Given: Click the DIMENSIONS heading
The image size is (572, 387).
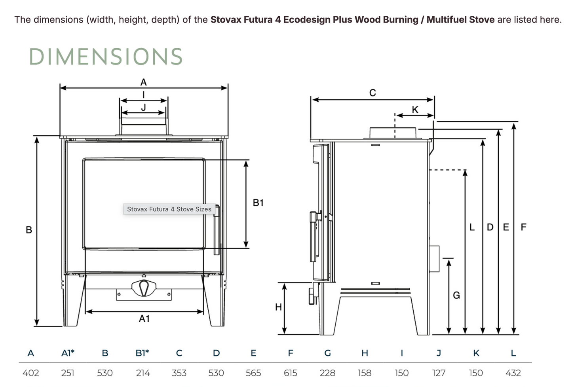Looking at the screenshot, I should point(106,57).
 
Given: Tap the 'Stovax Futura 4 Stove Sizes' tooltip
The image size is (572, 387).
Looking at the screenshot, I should point(169,209).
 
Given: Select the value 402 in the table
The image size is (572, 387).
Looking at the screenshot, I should point(30,373).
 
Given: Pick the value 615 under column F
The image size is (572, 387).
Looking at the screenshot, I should point(290,373).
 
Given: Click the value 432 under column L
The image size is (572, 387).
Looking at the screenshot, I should point(513,373).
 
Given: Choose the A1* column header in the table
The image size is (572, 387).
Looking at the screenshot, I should point(68,353).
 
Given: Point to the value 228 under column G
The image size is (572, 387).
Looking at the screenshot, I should point(327,373).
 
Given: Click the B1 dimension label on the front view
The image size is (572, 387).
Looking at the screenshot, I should point(258,203).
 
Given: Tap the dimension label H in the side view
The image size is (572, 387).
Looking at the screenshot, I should point(278,307).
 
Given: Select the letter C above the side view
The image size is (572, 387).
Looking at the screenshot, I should point(372,93).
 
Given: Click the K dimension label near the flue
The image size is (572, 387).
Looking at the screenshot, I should point(415,110).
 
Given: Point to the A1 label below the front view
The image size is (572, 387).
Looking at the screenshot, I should point(144,319).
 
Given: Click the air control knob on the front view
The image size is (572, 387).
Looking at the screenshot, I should point(144,288).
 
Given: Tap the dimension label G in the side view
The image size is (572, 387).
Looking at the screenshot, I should point(456,295).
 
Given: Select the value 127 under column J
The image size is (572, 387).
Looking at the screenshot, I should point(439,373).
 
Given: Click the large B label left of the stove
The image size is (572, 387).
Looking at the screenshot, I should point(29,230).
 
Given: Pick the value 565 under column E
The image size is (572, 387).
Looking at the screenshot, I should point(253,373).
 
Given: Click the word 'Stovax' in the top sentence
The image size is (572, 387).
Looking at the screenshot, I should point(226,19).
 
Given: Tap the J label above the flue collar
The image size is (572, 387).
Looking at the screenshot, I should point(144,107).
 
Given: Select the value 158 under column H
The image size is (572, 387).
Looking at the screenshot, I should point(365,373).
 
